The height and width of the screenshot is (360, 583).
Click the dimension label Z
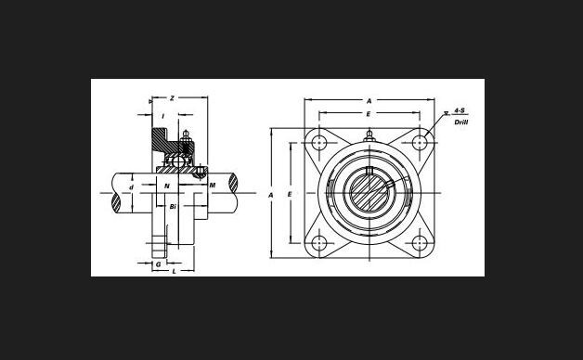[x=172, y=98]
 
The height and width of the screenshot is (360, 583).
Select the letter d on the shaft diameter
[x=131, y=187]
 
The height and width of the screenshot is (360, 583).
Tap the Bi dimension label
[x=173, y=207]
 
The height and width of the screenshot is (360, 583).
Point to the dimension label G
[x=158, y=264]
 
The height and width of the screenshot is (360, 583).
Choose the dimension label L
[x=174, y=271]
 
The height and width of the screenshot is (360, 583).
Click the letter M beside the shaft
[x=213, y=185]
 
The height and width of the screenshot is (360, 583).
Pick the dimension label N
[x=167, y=186]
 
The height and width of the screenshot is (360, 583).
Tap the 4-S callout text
[x=460, y=110]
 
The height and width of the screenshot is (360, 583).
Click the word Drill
[x=461, y=122]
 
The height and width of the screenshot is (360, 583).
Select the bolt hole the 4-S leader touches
[x=420, y=142]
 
